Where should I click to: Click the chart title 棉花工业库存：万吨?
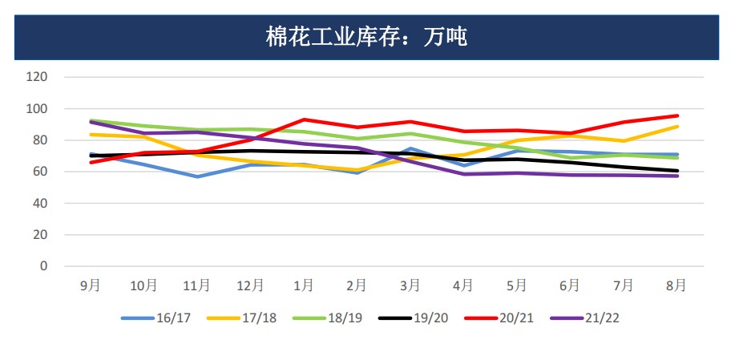pyautogui.click(x=366, y=37)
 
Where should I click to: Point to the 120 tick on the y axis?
pyautogui.click(x=38, y=77)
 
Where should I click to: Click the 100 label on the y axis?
pyautogui.click(x=38, y=108)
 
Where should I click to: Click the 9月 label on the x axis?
pyautogui.click(x=91, y=285)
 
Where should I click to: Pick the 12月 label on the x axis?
pyautogui.click(x=250, y=285)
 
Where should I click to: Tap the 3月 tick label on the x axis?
pyautogui.click(x=410, y=285)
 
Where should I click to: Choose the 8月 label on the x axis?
pyautogui.click(x=676, y=285)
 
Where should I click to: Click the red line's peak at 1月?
pyautogui.click(x=304, y=119)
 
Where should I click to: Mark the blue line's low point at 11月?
pyautogui.click(x=197, y=176)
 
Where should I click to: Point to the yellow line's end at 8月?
pyautogui.click(x=677, y=126)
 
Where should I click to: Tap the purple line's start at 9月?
pyautogui.click(x=91, y=122)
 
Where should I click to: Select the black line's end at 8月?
pyautogui.click(x=677, y=171)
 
